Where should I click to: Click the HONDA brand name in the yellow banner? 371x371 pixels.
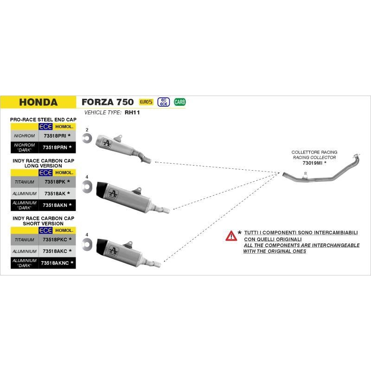point(38,102)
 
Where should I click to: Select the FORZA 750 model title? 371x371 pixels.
point(108,102)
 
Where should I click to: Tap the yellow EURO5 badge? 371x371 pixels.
point(146,102)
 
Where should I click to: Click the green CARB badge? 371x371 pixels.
point(180,102)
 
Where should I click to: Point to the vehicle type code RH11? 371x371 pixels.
point(132,112)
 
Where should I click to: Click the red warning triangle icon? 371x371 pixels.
point(231,236)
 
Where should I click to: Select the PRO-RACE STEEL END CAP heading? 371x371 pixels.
point(43,120)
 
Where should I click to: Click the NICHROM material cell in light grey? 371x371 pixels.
point(25,136)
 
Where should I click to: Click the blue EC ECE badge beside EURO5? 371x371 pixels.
point(163,102)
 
